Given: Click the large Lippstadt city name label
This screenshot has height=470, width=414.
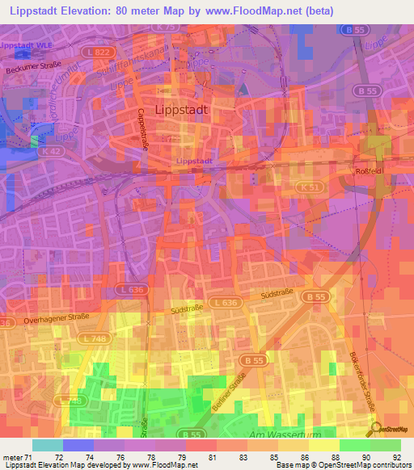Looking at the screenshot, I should point(181,109).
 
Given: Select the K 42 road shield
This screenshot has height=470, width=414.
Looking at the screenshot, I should point(53,151).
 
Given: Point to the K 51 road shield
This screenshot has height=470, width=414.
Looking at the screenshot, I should point(306,186).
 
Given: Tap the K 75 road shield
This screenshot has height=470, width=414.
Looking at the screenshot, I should point(167,27).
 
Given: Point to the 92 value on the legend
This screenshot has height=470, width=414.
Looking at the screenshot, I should point(396,457).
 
